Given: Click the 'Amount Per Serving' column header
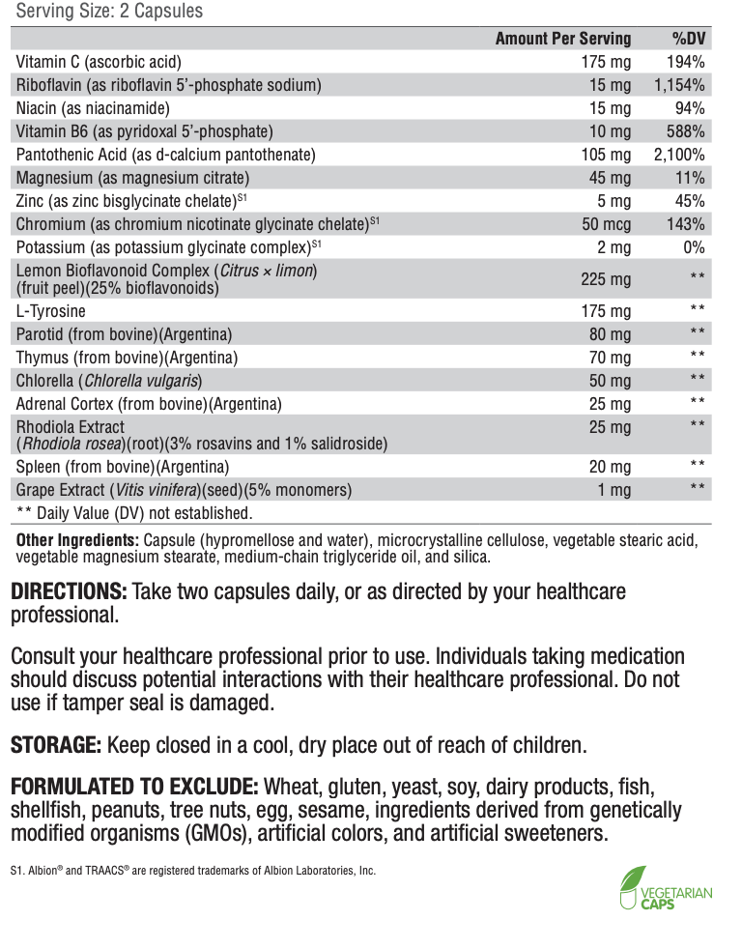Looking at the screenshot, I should (562, 39).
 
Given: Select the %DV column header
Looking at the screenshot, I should (688, 39).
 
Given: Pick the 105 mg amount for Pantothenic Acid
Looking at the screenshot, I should (607, 155).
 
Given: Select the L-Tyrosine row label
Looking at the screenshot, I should (51, 311).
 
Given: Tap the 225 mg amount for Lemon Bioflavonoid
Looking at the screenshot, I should (607, 279).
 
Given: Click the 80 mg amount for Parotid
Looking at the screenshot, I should (611, 334).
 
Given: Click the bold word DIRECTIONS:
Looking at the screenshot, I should (68, 591).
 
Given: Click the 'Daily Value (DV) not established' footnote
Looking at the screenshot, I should (134, 513).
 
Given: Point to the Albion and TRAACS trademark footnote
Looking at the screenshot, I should (192, 870).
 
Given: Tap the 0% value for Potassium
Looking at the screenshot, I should (695, 247).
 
